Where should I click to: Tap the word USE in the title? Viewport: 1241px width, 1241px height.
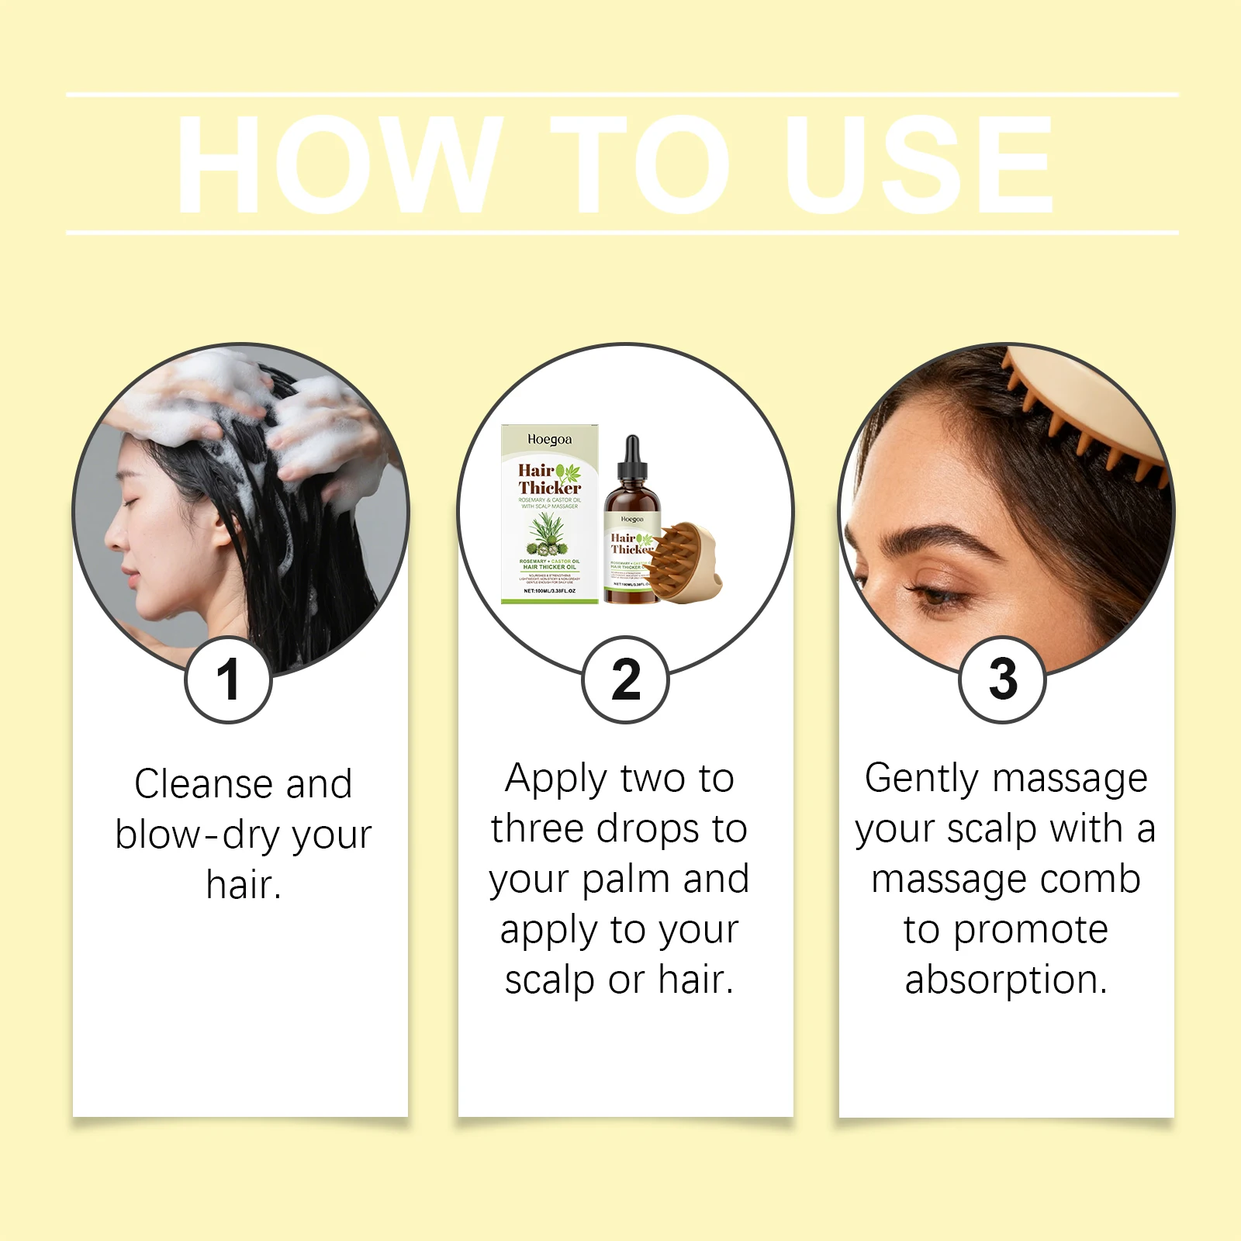(x=919, y=164)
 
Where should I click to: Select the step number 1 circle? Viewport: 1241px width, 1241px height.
(x=228, y=679)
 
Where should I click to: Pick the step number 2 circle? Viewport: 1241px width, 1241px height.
(x=625, y=679)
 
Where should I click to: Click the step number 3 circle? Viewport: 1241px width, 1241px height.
(x=1003, y=679)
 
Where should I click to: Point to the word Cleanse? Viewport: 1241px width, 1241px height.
(x=202, y=783)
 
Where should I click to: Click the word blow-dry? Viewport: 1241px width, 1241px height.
(x=197, y=835)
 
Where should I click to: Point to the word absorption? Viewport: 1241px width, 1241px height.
(x=1005, y=980)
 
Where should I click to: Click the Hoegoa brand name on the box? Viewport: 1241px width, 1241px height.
(x=549, y=440)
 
